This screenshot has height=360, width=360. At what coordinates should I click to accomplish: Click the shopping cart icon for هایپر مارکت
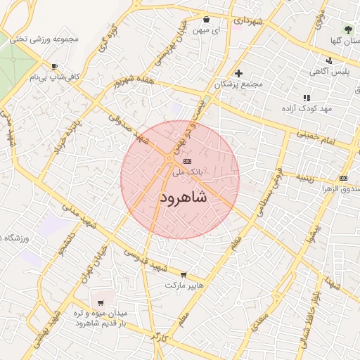click(184, 275)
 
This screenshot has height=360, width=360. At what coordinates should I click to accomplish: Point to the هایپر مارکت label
click(184, 286)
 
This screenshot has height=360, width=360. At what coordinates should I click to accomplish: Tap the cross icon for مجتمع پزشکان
click(238, 73)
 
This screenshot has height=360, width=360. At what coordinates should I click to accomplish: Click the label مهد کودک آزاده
click(306, 109)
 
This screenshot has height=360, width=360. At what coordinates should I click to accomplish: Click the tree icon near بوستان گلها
click(347, 30)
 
